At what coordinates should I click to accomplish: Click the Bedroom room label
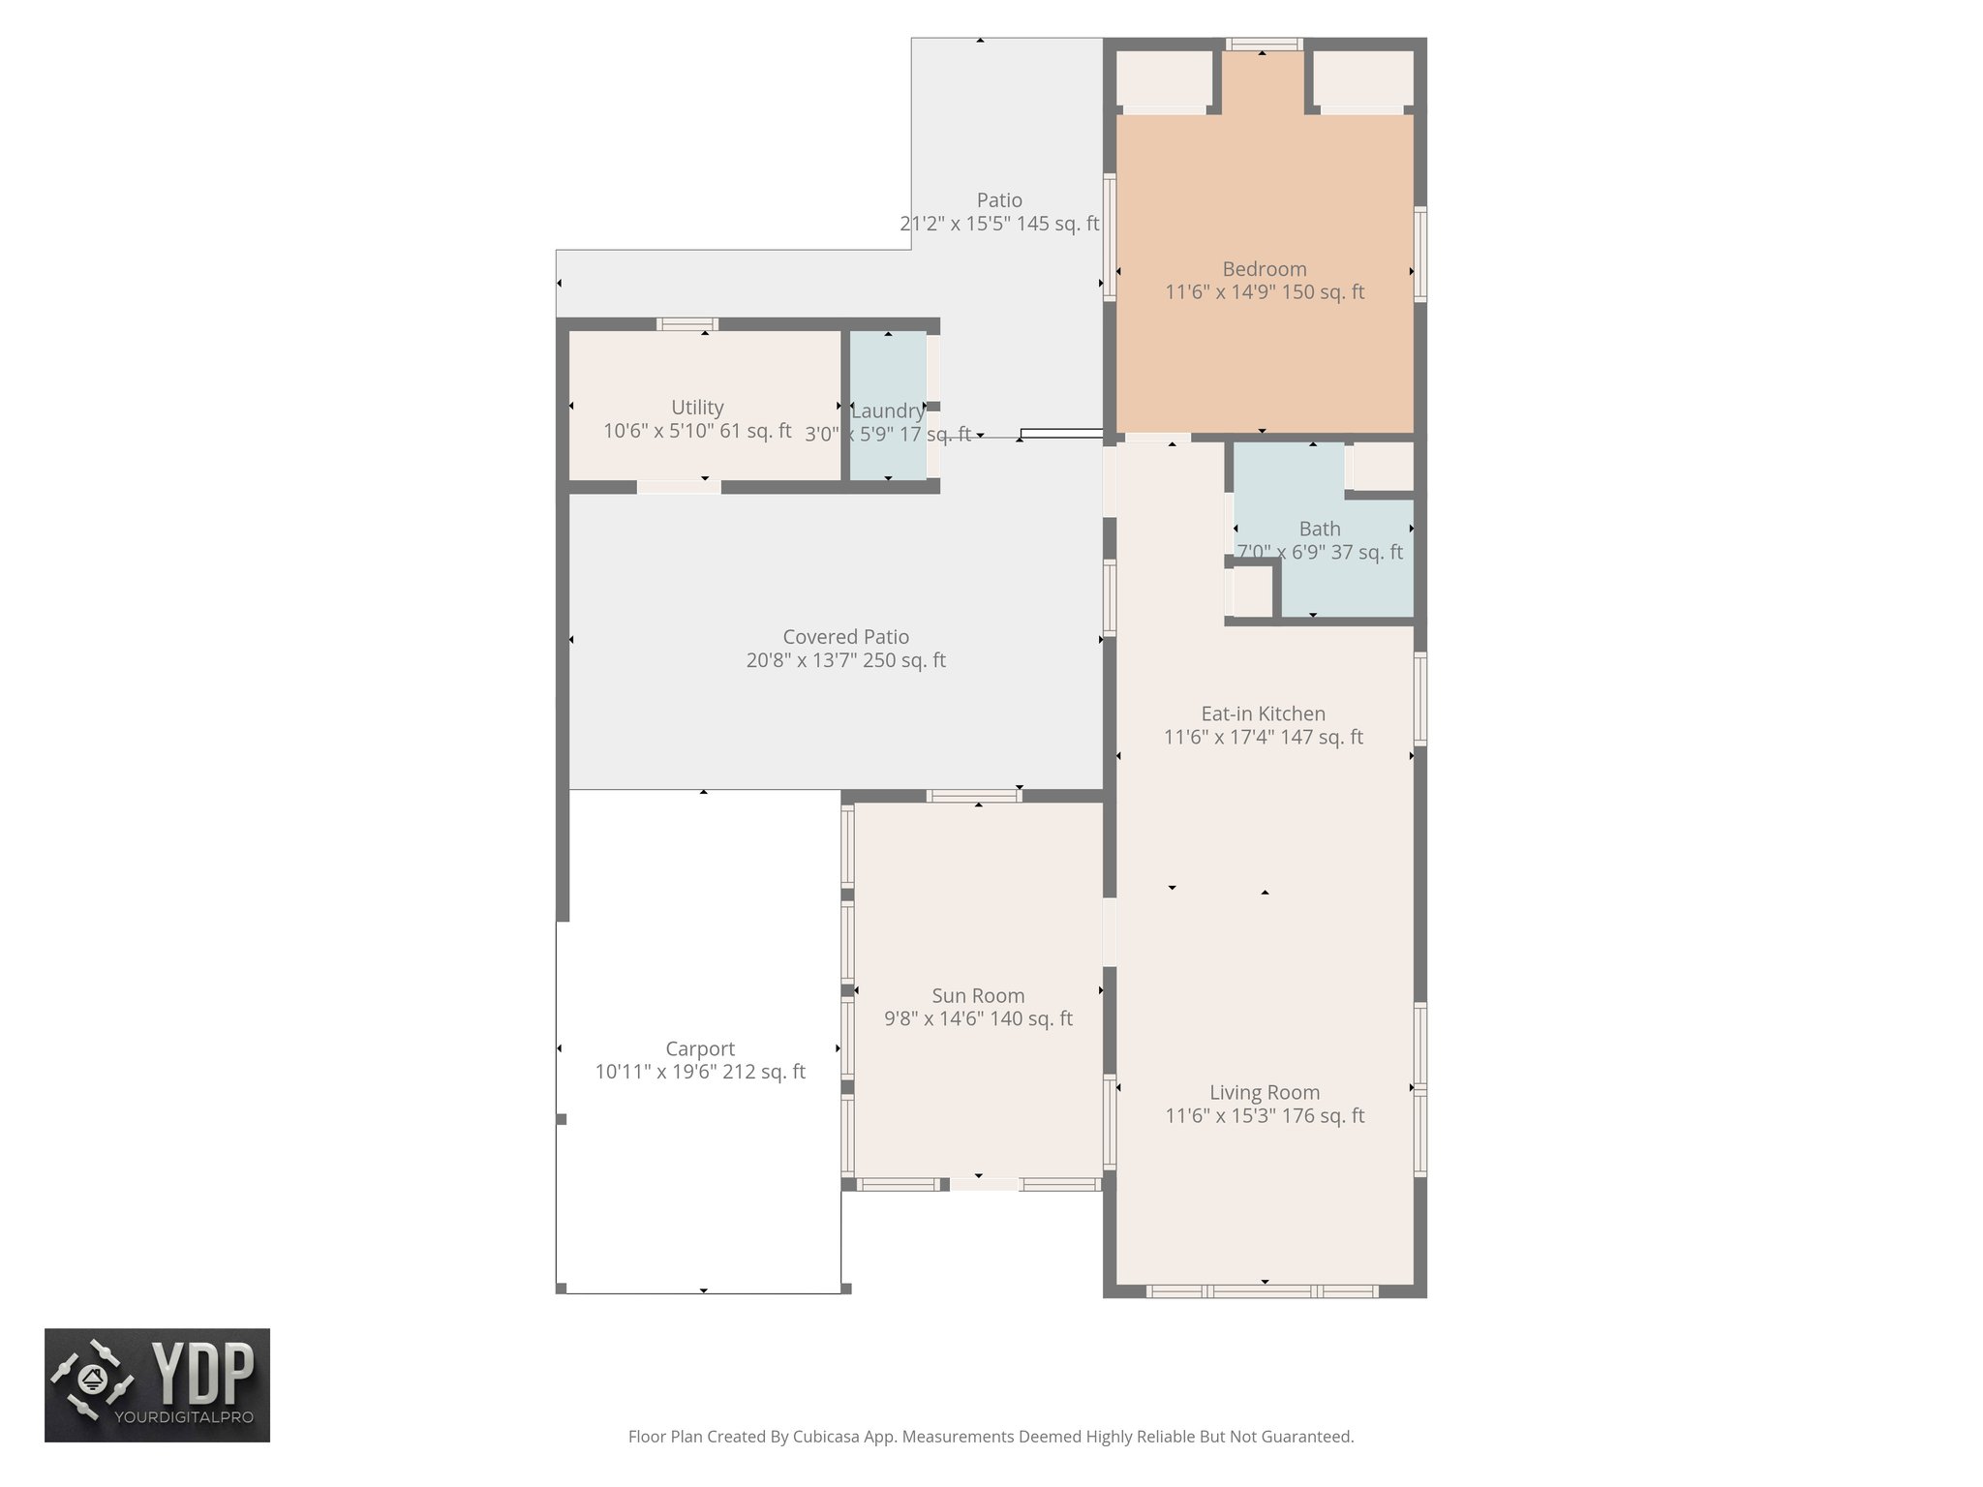pos(1264,269)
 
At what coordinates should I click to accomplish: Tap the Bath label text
pos(1319,530)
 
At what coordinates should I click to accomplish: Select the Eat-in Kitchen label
pos(1263,714)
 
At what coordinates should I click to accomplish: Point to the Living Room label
pos(1264,1093)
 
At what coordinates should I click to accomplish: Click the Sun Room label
pos(978,996)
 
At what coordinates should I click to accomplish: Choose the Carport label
pos(700,1049)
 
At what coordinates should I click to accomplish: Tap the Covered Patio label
pos(845,637)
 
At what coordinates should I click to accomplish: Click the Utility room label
pos(697,408)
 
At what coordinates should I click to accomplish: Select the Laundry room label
pos(887,410)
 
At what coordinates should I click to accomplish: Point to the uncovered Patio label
pos(999,200)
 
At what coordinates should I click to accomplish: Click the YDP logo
pos(157,1384)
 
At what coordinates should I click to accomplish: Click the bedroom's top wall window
pos(1263,44)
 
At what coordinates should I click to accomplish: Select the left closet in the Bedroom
pos(1164,78)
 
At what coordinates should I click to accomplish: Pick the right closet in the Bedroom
pos(1362,78)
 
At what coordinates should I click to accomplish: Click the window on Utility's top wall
pos(686,324)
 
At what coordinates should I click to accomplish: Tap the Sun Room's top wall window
pos(973,796)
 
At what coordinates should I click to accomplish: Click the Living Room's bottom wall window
pos(1262,1290)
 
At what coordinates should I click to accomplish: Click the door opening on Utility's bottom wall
pos(679,487)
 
